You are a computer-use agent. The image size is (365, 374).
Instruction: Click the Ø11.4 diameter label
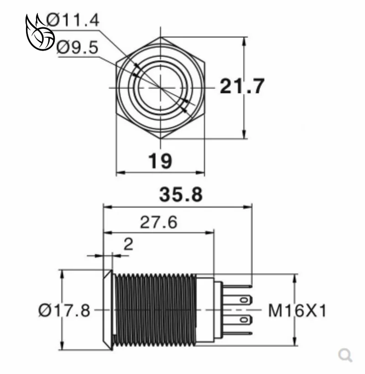73,20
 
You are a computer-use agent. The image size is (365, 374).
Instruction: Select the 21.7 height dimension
242,86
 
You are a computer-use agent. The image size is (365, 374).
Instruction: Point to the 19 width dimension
160,161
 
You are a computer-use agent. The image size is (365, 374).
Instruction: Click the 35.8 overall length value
181,194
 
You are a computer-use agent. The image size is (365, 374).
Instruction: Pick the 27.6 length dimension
159,222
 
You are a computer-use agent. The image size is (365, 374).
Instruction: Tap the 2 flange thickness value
128,244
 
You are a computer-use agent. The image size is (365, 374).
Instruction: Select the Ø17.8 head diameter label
64,310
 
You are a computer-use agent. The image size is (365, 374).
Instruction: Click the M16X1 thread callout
297,311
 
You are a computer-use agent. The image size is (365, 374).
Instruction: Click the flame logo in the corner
40,32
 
